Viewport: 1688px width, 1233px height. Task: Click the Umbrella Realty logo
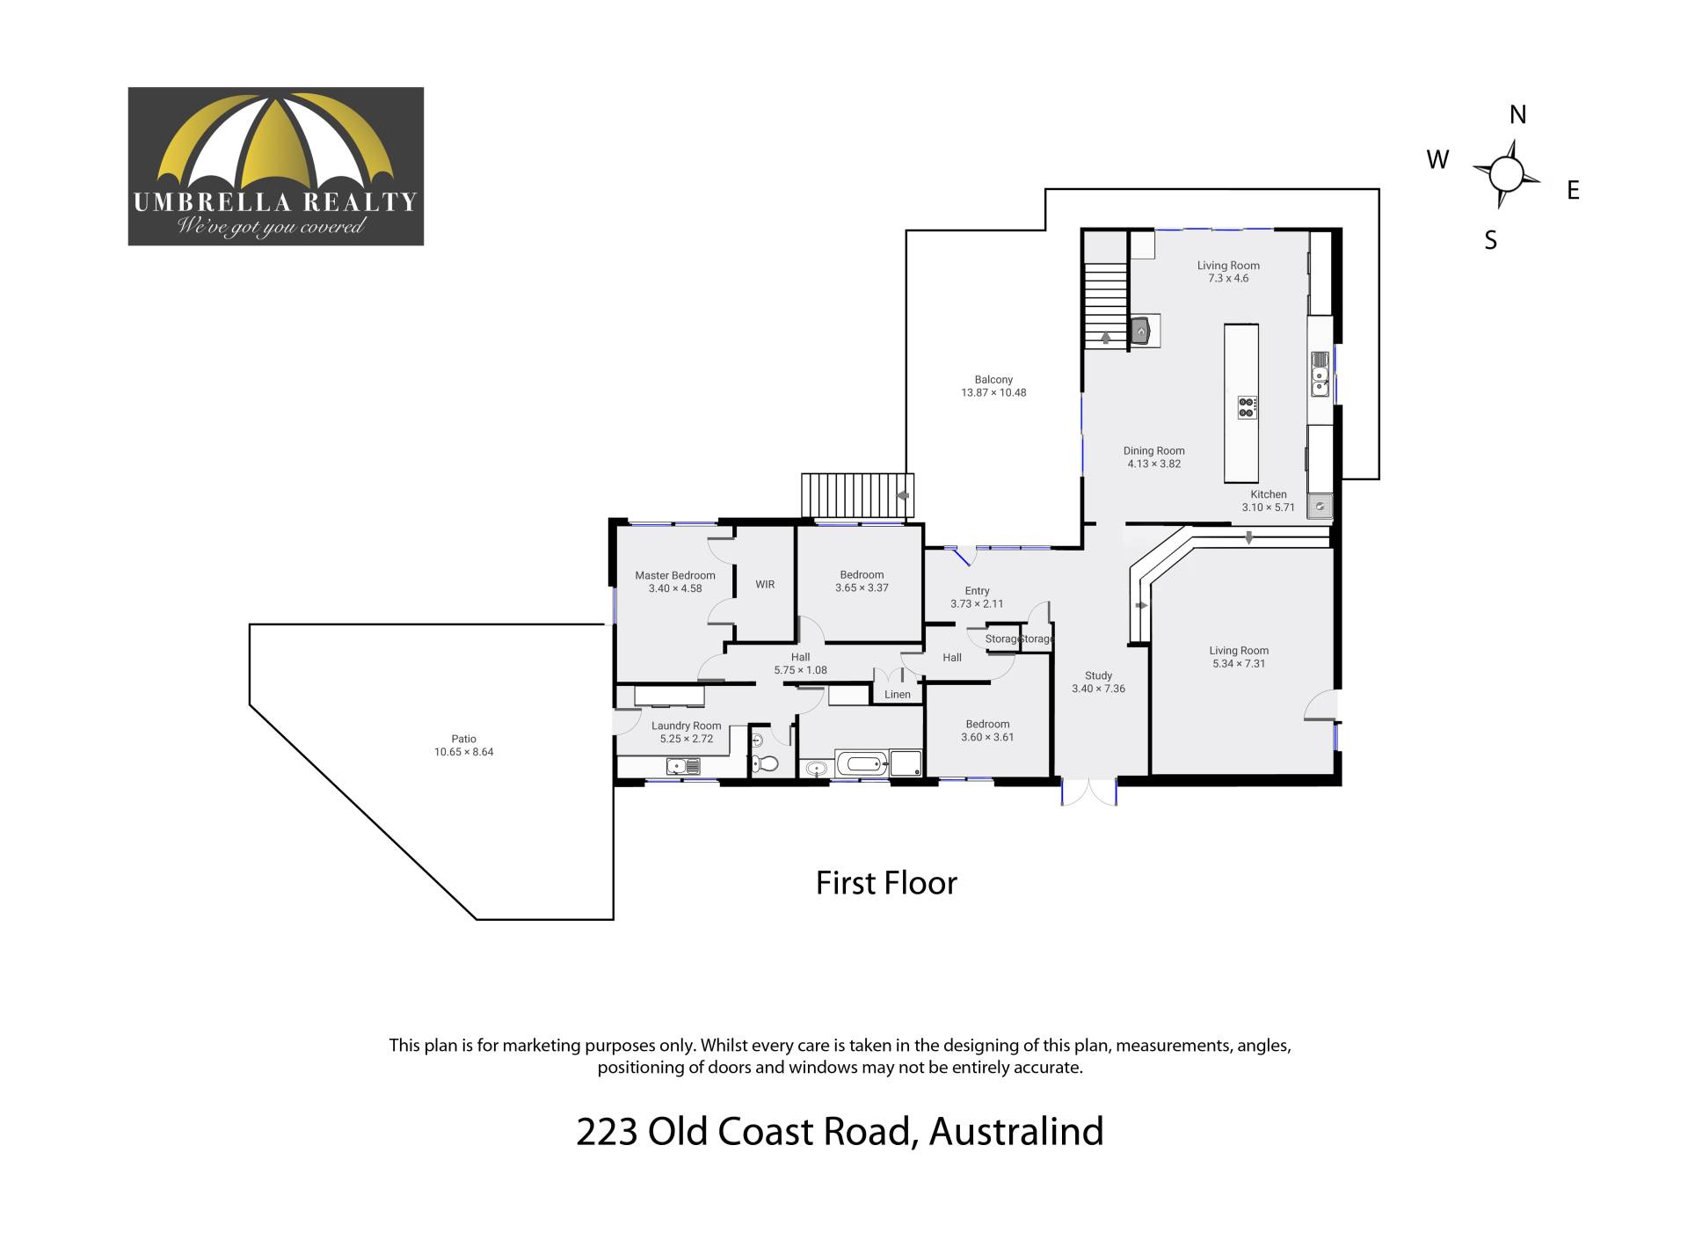click(276, 166)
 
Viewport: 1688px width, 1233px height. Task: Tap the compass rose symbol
click(1506, 174)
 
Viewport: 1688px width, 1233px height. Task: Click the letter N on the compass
click(1517, 114)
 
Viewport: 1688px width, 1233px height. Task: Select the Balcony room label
click(993, 380)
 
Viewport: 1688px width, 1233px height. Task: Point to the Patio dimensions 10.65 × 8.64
click(464, 752)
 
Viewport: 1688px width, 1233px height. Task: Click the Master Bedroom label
click(675, 576)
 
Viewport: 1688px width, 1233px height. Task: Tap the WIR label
click(765, 585)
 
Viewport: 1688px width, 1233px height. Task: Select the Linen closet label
click(898, 695)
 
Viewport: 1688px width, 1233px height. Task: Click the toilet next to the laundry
click(766, 763)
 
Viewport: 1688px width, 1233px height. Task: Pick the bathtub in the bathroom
click(862, 763)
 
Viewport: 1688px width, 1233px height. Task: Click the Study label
click(1098, 676)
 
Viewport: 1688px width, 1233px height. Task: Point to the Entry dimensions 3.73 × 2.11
click(977, 604)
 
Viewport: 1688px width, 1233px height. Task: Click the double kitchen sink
click(1320, 374)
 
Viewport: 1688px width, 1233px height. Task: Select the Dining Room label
click(1154, 451)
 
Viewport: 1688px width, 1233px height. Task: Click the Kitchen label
click(1269, 495)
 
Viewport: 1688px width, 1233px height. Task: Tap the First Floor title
click(886, 883)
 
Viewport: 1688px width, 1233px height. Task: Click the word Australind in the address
click(1016, 1132)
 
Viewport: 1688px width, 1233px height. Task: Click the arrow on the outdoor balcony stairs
click(902, 495)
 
